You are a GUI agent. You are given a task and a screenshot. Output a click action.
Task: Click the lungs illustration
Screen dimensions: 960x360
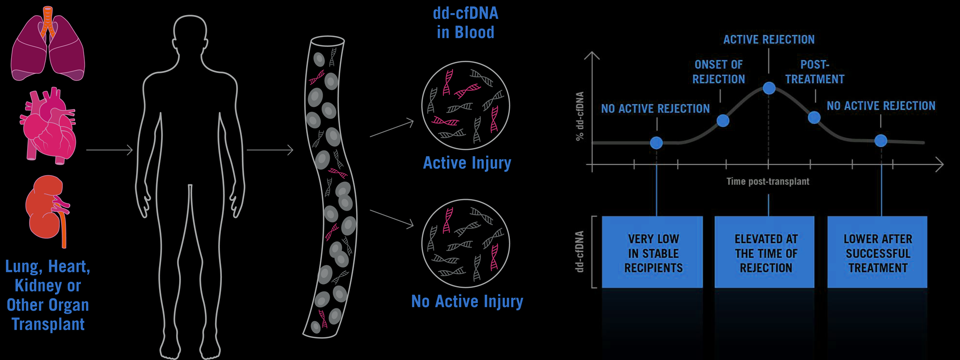(48, 46)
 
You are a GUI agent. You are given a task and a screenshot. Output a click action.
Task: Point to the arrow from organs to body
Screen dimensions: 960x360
(109, 150)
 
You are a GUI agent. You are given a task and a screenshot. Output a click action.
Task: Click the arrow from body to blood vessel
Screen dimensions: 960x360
(270, 150)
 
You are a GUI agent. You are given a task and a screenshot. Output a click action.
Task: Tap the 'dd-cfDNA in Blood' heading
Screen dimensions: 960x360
(466, 22)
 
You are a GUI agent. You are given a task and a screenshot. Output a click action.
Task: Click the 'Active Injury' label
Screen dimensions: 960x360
(467, 162)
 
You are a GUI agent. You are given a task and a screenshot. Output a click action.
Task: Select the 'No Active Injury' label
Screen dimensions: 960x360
(467, 301)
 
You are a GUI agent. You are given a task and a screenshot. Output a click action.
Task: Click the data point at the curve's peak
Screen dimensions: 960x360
(769, 88)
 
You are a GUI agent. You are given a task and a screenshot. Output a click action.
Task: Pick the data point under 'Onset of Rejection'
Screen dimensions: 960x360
(723, 121)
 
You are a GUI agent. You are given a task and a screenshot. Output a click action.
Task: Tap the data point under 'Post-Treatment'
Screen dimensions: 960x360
(814, 117)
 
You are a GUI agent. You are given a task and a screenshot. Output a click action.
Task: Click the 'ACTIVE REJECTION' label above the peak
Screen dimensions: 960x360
(769, 39)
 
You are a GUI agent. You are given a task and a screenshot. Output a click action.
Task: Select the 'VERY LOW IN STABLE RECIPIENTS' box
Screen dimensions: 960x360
(652, 252)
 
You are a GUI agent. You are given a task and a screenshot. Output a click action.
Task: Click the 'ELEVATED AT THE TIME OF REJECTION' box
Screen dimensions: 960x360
(765, 252)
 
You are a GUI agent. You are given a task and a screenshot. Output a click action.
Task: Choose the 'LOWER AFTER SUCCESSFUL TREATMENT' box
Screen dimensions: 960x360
(877, 252)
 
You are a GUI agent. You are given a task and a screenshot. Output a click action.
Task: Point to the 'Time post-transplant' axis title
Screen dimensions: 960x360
(768, 181)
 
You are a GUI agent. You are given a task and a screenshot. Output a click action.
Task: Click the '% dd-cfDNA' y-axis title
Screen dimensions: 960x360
(580, 116)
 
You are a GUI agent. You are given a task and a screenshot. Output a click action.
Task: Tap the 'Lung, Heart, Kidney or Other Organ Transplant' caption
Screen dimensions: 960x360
(48, 295)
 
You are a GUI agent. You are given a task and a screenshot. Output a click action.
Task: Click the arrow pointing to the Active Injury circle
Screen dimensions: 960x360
(392, 129)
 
